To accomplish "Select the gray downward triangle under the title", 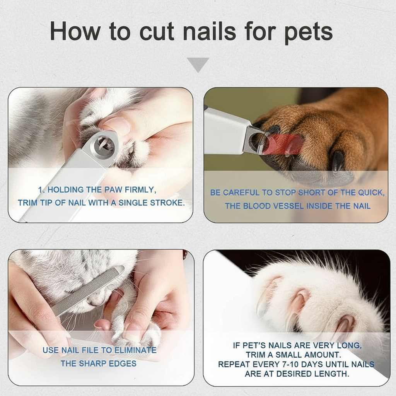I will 198,64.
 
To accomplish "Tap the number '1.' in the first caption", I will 42,190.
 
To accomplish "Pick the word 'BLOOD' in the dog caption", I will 258,206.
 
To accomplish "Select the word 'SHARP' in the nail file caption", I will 94,364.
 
